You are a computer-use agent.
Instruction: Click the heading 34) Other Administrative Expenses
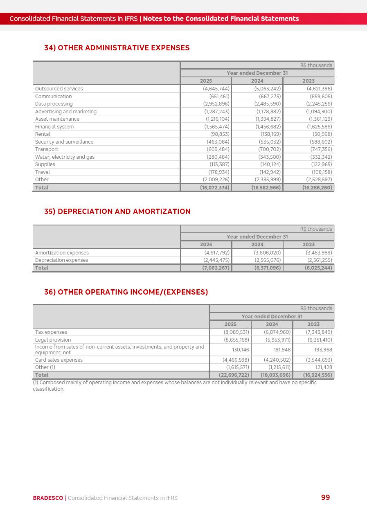click(117, 48)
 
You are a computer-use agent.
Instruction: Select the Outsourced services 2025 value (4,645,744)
click(216, 89)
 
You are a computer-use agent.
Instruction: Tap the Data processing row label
click(54, 104)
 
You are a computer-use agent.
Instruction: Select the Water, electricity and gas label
click(65, 157)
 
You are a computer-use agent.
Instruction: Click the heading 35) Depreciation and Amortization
click(117, 212)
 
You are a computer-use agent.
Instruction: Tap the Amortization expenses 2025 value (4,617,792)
click(216, 253)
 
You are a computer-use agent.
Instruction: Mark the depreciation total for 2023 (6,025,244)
click(318, 268)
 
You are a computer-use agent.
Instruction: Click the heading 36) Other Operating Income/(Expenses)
click(126, 292)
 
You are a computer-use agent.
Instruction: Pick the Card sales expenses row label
click(59, 360)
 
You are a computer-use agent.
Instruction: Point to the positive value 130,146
click(241, 350)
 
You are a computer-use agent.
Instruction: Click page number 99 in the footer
click(325, 497)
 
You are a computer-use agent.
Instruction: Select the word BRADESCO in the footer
click(48, 498)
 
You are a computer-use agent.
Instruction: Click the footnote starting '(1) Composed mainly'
click(174, 385)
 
